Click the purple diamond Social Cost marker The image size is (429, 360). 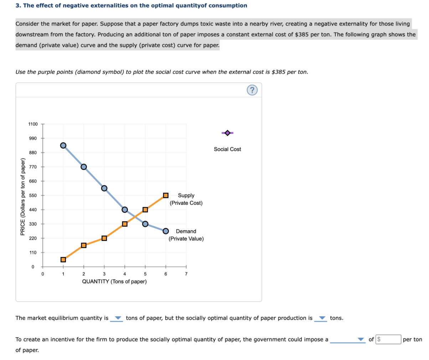pyautogui.click(x=227, y=133)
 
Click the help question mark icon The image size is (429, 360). pyautogui.click(x=252, y=91)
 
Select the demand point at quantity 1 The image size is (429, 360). pyautogui.click(x=63, y=145)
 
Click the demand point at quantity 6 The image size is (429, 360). pyautogui.click(x=166, y=231)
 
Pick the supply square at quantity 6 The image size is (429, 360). pyautogui.click(x=166, y=195)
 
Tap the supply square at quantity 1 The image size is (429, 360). pyautogui.click(x=63, y=259)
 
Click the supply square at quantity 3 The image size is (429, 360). pyautogui.click(x=104, y=238)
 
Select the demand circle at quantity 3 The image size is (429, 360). pyautogui.click(x=104, y=188)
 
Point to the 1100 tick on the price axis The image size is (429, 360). pyautogui.click(x=33, y=124)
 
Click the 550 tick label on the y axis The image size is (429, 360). pyautogui.click(x=33, y=195)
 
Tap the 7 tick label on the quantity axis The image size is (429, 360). pyautogui.click(x=186, y=274)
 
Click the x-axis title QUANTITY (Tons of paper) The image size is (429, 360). pyautogui.click(x=114, y=282)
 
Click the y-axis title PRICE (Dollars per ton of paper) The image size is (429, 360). pyautogui.click(x=23, y=197)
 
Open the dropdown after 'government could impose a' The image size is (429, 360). pyautogui.click(x=347, y=340)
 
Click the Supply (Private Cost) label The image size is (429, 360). pyautogui.click(x=186, y=199)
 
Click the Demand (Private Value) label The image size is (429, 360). pyautogui.click(x=186, y=235)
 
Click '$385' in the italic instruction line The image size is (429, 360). pyautogui.click(x=279, y=72)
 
